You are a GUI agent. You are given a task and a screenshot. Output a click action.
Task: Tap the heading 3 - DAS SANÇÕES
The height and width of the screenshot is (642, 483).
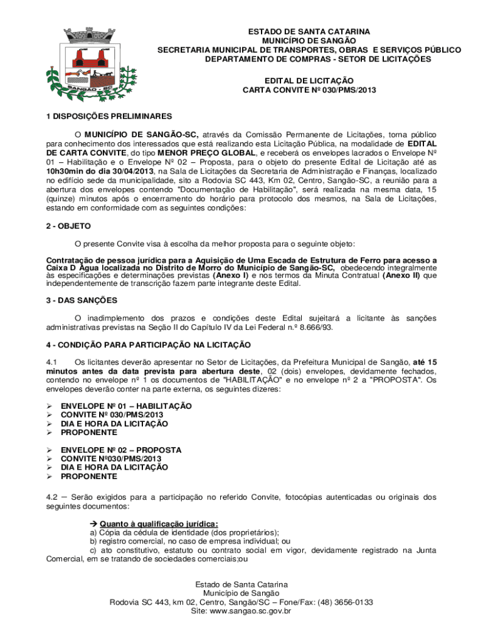pos(82,300)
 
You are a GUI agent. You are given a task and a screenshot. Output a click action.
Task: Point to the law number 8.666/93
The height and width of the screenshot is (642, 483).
pos(315,327)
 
